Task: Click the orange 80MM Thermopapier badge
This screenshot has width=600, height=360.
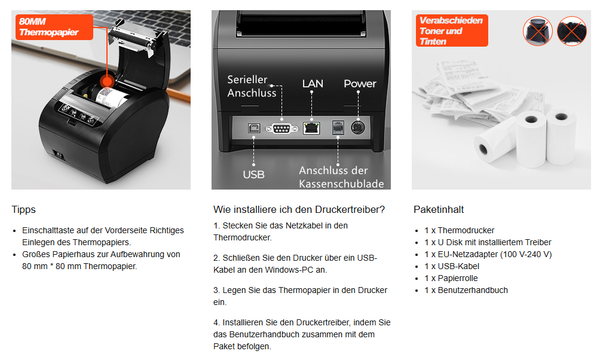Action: coord(54,27)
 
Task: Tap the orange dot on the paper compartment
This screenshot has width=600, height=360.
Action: coord(107,81)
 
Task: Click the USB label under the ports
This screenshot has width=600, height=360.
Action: coord(254,175)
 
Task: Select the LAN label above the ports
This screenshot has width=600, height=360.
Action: coord(313,84)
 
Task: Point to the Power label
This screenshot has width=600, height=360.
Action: coord(360,84)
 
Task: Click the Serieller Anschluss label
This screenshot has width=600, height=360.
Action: coord(252,86)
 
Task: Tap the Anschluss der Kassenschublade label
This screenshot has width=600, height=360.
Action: coord(341,177)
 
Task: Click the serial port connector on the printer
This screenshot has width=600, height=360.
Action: coord(281,129)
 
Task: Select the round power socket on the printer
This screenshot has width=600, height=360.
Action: coord(358,127)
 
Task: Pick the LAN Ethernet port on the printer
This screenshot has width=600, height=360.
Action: coord(311,128)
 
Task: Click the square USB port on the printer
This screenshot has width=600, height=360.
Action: coord(254,128)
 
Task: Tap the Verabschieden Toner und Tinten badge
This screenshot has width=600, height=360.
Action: coord(452,30)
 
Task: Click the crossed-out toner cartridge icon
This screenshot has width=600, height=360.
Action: coord(538,31)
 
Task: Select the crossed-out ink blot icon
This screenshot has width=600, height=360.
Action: coord(572,31)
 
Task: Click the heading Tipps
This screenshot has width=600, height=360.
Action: coord(24,209)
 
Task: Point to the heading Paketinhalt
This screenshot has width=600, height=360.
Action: coord(439,209)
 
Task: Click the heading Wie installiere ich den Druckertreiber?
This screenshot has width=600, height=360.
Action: coord(299,209)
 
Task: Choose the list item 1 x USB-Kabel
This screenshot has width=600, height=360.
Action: coord(452,266)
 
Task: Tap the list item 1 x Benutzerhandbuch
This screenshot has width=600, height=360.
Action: coord(466,290)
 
